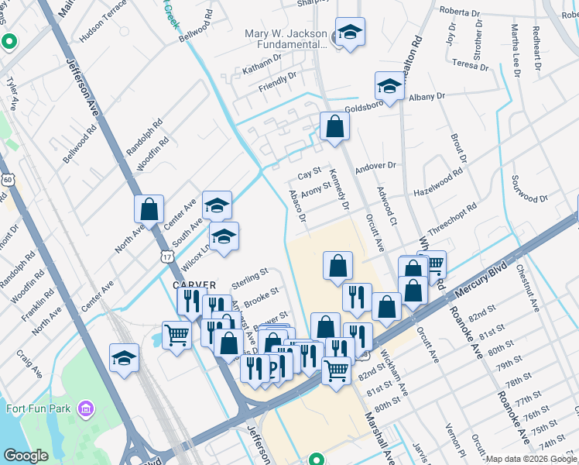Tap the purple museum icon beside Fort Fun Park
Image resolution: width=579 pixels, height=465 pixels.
[x=86, y=408]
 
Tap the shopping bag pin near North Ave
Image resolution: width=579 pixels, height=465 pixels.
[x=149, y=209]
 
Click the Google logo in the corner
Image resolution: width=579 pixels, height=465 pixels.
[x=26, y=456]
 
